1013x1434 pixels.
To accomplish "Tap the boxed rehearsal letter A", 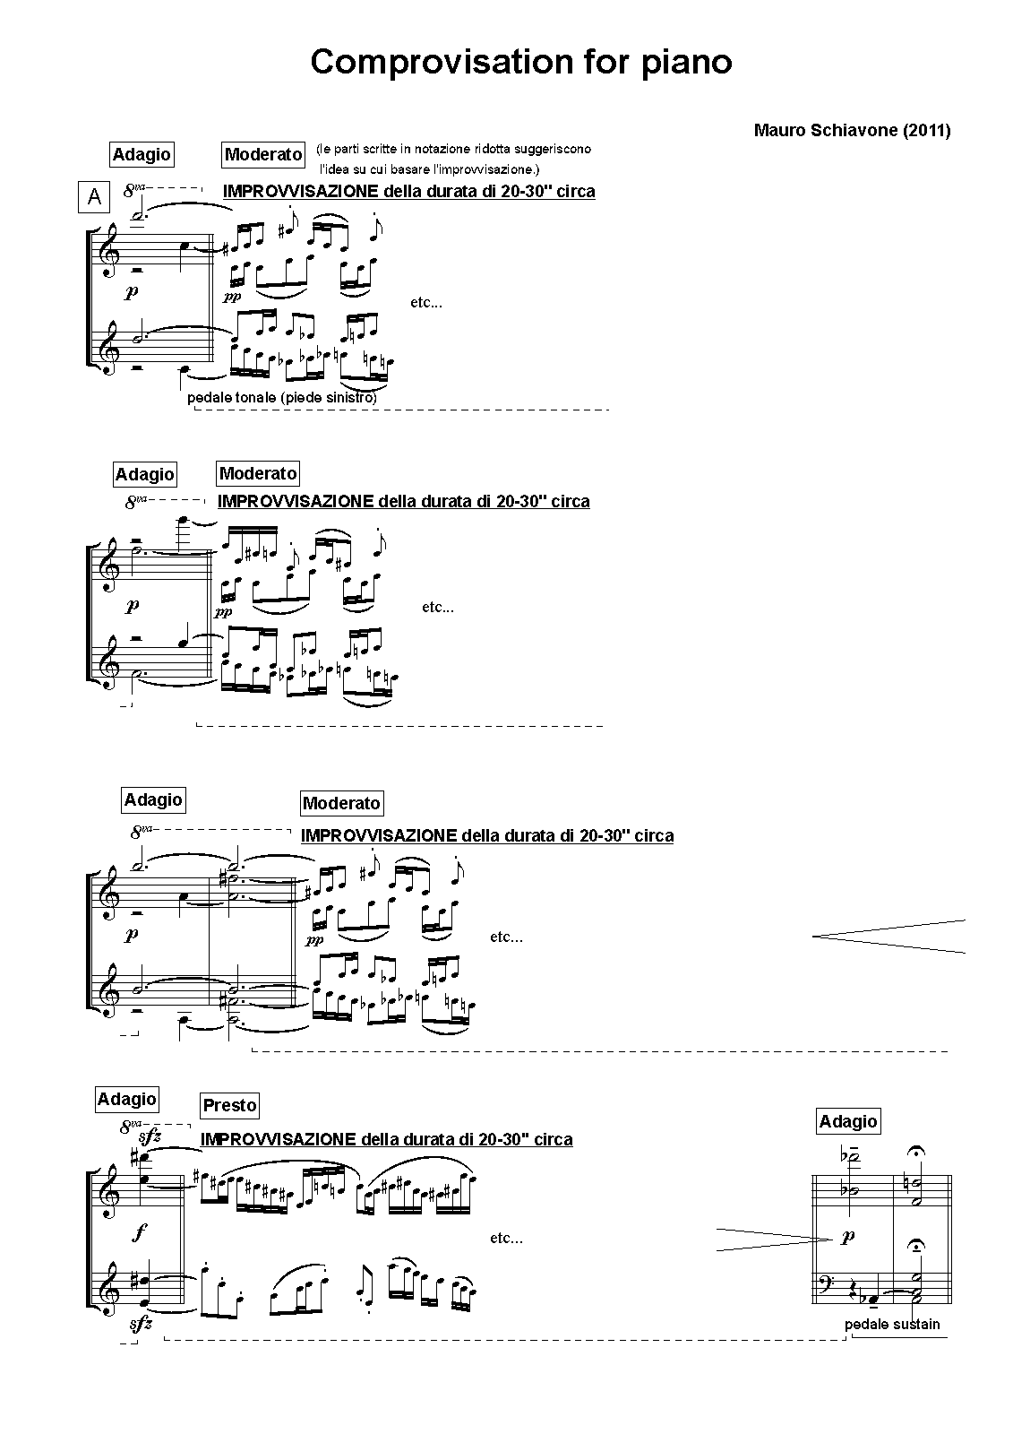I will [x=94, y=196].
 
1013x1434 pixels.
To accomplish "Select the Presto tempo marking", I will [x=229, y=1105].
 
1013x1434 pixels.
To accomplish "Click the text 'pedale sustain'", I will [x=892, y=1324].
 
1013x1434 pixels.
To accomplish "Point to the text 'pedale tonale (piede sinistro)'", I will [x=282, y=398].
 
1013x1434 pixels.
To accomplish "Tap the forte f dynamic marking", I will [x=138, y=1233].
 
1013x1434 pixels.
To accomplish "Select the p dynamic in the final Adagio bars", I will [x=847, y=1237].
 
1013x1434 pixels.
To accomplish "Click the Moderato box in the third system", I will [x=341, y=803].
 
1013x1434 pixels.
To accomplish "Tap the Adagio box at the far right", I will [x=848, y=1121].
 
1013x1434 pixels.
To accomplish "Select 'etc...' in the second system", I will [x=438, y=608].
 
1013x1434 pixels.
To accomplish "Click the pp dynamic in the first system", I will [x=232, y=297].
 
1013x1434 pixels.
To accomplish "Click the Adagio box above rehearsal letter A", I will [x=142, y=154].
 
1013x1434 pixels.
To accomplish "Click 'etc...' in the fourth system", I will [x=506, y=1239].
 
